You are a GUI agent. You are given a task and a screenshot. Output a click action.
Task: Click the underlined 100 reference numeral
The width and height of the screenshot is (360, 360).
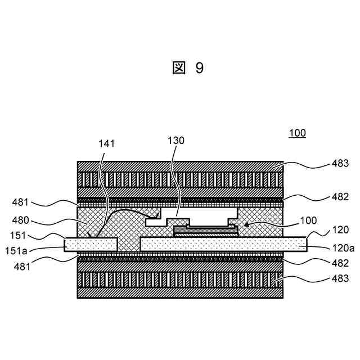[x=297, y=133]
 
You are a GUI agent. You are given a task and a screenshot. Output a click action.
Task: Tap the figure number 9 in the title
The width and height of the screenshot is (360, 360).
[x=200, y=69]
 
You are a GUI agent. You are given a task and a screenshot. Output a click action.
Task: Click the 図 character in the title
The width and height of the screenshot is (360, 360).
[x=178, y=69]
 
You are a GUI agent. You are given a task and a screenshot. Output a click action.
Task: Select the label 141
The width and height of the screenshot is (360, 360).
[x=106, y=143]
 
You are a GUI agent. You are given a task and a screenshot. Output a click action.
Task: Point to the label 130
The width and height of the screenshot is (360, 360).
[x=176, y=141]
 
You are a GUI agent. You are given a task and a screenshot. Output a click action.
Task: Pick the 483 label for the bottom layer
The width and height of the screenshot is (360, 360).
[x=339, y=278]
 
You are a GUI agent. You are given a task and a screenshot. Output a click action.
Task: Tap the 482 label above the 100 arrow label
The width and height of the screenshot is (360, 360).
[x=339, y=197]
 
